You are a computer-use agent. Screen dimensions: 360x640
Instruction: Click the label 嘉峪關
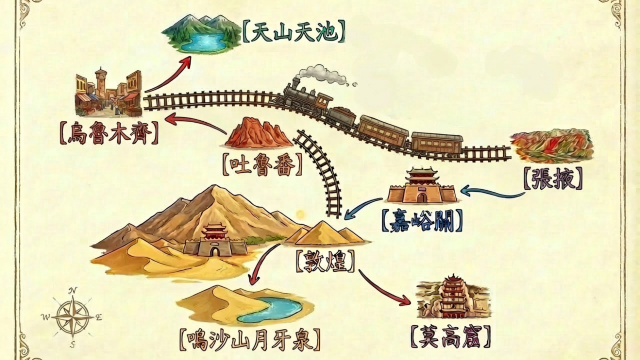click(419, 216)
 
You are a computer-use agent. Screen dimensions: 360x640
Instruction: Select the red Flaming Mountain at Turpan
click(258, 132)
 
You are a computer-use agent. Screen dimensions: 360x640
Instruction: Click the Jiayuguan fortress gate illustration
click(421, 187)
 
